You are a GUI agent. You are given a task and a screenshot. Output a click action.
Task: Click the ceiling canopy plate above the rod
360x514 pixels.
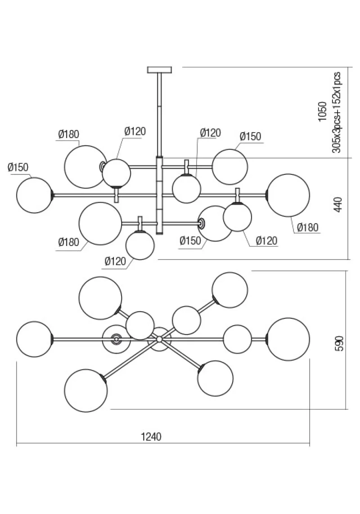click(x=159, y=70)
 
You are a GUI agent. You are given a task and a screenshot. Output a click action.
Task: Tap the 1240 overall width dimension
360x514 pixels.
click(x=151, y=437)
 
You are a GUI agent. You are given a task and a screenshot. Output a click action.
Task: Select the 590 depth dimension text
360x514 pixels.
click(x=340, y=343)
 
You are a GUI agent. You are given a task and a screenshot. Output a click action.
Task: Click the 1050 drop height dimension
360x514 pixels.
click(x=323, y=112)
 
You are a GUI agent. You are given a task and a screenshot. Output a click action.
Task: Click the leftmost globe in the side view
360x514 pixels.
click(x=35, y=195)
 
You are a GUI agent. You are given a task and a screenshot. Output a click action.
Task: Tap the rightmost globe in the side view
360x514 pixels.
click(x=288, y=195)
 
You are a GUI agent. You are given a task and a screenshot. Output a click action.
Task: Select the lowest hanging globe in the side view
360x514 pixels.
click(x=140, y=246)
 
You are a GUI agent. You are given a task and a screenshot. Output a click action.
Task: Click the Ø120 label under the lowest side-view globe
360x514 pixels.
click(x=115, y=261)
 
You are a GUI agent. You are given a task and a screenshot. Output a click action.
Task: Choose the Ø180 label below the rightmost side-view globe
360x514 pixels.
click(x=307, y=227)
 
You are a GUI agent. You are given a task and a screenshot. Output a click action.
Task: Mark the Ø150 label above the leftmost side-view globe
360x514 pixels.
click(x=18, y=167)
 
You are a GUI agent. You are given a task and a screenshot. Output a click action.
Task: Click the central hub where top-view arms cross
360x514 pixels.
click(x=159, y=339)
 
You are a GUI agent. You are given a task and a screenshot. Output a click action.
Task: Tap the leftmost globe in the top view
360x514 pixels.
click(x=35, y=339)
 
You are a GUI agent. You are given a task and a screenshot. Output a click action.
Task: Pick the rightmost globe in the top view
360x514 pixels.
click(x=288, y=339)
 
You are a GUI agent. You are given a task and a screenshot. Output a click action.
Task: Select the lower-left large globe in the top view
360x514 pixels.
click(x=85, y=390)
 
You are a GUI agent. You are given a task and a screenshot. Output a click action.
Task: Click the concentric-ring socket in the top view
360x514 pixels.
click(x=116, y=339)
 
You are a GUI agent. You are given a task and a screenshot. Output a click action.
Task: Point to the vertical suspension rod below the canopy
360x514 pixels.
click(x=159, y=114)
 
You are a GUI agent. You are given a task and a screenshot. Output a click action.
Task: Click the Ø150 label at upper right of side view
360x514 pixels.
click(x=250, y=136)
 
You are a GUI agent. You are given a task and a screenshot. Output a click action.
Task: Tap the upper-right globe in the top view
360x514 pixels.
click(x=229, y=290)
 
